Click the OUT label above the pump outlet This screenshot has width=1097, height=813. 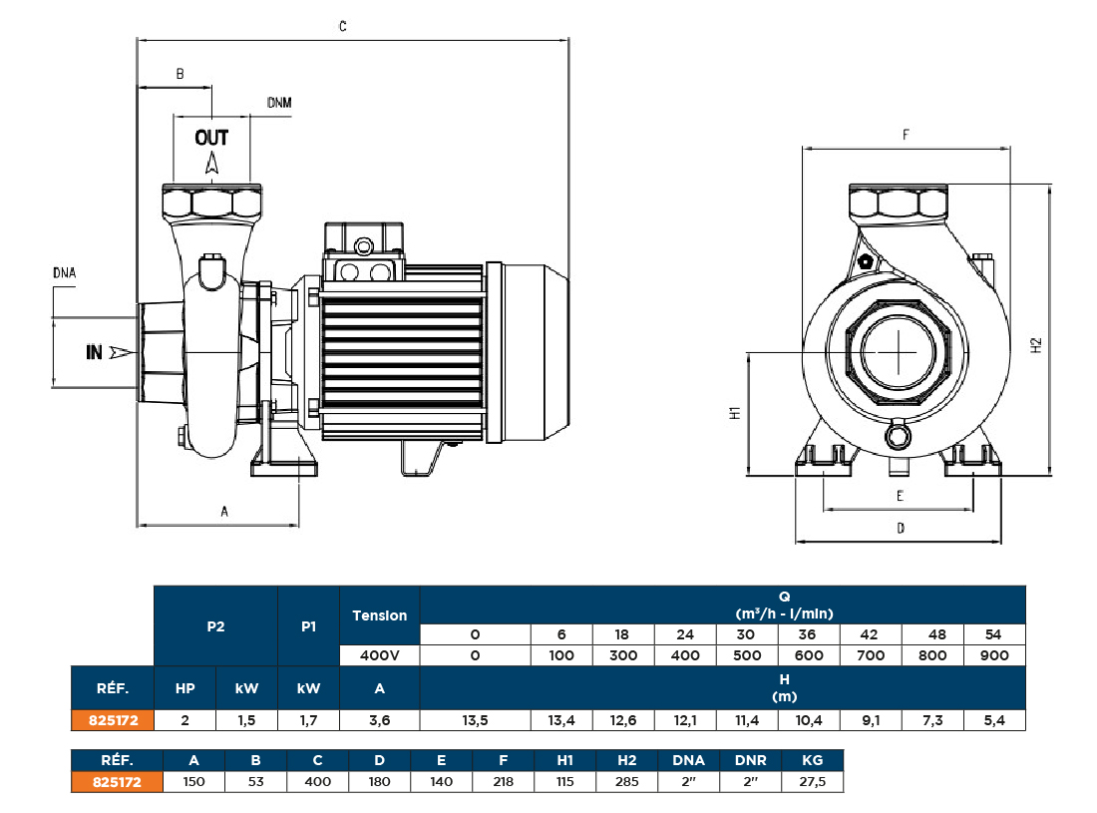pos(211,138)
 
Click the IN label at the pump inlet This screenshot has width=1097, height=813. pos(95,352)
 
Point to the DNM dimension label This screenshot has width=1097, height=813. pos(279,103)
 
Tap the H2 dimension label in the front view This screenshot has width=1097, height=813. pos(1036,345)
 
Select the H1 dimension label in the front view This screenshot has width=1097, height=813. pos(733,413)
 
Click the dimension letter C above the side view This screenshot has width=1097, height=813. pos(342,28)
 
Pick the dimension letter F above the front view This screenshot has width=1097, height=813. pos(906,134)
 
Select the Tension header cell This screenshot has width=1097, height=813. pos(380,615)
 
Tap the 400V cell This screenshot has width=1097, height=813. pos(380,655)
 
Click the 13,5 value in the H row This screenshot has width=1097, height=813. pos(475,720)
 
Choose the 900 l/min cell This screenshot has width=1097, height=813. pos(994,655)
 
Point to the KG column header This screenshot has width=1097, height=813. pos(813,760)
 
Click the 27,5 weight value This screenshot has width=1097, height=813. pos(813,782)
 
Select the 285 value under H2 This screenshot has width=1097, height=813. pos(626,782)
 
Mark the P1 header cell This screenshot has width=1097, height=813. pos(308,626)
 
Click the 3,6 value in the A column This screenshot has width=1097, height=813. pos(380,720)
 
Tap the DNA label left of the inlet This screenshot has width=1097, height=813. pos(64,272)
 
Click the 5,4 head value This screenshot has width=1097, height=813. pos(994,720)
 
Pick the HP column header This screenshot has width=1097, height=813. pos(184,688)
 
